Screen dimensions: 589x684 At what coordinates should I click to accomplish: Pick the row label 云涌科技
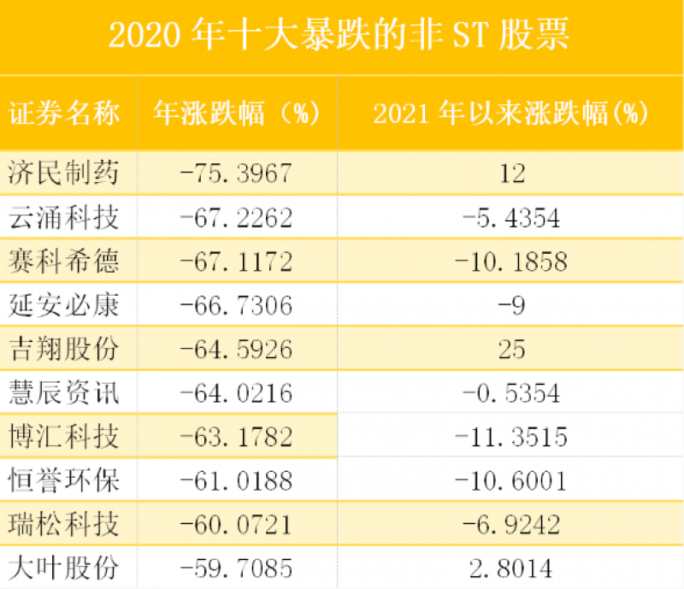click(64, 218)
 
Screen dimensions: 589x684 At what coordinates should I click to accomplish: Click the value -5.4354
click(511, 218)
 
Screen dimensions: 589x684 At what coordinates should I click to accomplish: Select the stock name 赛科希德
click(64, 262)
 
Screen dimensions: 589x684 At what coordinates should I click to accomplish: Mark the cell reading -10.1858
click(511, 262)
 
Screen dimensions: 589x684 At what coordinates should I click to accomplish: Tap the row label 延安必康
click(64, 305)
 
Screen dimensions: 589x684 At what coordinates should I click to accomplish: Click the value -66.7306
click(237, 305)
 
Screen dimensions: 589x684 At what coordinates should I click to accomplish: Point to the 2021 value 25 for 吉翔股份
click(511, 350)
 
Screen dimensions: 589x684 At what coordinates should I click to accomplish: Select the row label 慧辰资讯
click(64, 393)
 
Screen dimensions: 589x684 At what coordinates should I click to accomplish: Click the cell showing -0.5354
click(511, 393)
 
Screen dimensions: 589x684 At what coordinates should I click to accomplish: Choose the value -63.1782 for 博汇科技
click(237, 438)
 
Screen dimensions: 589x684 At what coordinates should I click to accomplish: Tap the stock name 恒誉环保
click(64, 481)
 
